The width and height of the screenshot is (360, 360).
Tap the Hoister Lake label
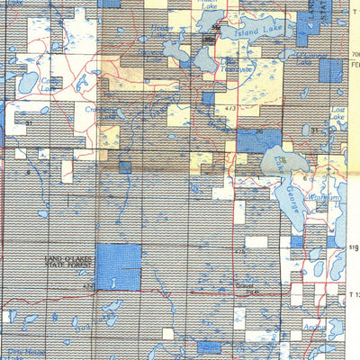(x=161, y=30)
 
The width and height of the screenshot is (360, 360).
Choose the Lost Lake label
(x=337, y=113)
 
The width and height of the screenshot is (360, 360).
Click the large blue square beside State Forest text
(x=118, y=266)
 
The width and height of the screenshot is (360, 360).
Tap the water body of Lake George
(x=287, y=162)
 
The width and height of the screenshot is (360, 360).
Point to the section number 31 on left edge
(x=29, y=122)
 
